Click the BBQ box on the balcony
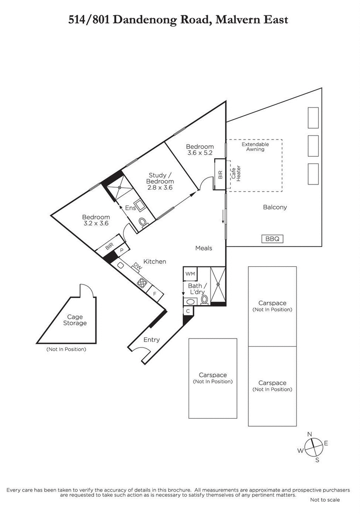point(273,239)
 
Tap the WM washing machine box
point(189,274)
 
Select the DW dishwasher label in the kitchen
point(137,267)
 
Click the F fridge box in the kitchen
point(155,293)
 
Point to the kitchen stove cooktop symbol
point(143,283)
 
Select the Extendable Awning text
point(255,147)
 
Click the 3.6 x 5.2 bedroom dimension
point(200,153)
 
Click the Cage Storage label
point(75,320)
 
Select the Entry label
point(151,339)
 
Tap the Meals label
point(203,248)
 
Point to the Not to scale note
point(325,500)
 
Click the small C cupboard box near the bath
point(188,311)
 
